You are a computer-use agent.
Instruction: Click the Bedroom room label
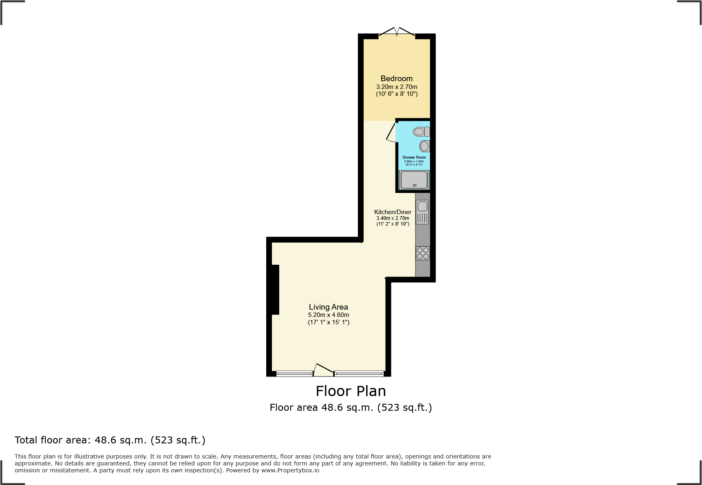(396, 78)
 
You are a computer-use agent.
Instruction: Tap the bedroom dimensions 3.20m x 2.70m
(396, 87)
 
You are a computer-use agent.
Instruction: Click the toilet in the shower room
(421, 131)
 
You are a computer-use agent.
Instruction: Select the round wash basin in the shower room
(424, 146)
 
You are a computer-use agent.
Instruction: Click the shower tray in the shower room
(414, 179)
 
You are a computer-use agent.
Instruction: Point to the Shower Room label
(414, 157)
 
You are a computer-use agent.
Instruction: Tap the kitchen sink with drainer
(422, 212)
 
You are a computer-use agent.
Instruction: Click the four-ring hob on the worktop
(423, 253)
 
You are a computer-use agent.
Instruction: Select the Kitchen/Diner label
(393, 212)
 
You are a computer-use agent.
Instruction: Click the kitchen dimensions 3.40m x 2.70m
(393, 218)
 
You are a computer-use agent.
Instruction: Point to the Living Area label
(328, 307)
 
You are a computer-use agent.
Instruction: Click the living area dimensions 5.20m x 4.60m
(328, 315)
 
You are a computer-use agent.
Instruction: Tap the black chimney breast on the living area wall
(275, 290)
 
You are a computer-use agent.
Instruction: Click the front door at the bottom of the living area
(324, 370)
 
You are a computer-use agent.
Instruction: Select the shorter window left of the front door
(294, 373)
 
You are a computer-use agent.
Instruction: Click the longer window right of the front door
(359, 373)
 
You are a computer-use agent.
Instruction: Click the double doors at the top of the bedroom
(397, 32)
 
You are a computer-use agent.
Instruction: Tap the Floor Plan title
(351, 391)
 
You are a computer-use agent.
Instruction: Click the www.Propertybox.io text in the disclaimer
(290, 470)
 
